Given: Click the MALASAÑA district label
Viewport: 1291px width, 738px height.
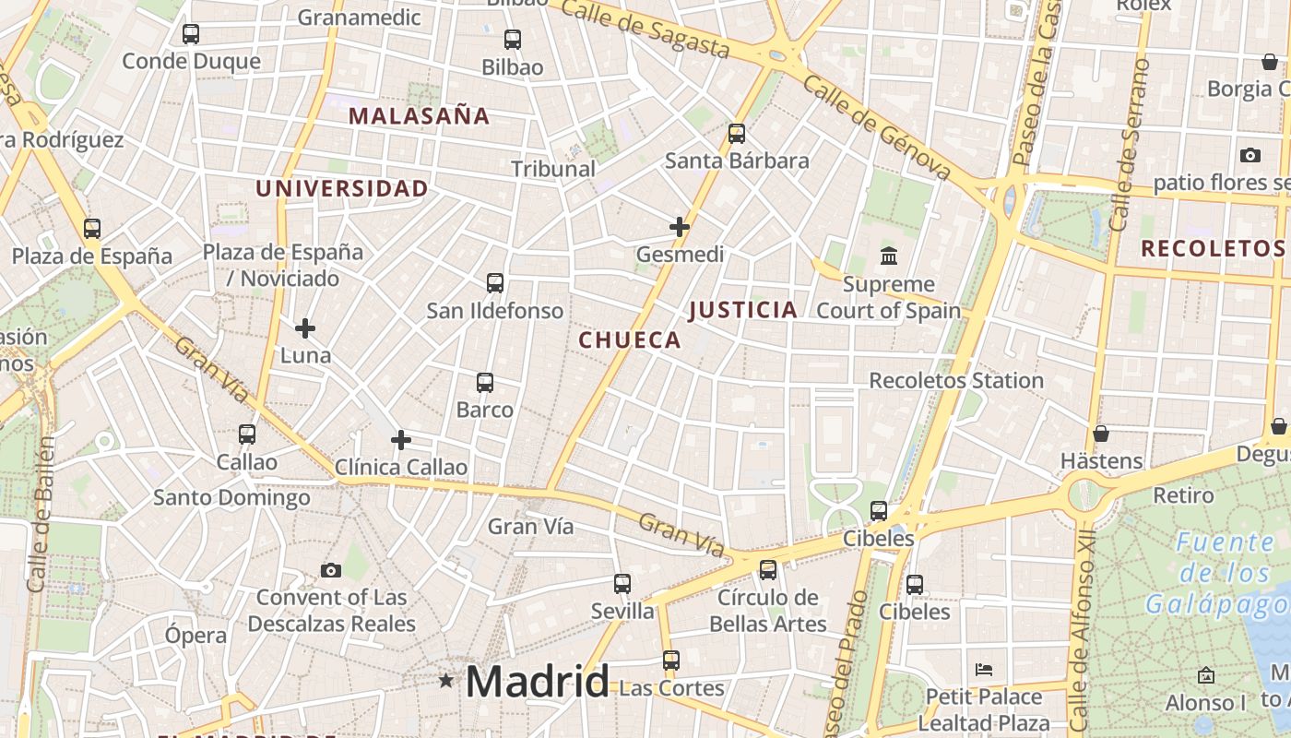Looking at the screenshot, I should (x=420, y=116).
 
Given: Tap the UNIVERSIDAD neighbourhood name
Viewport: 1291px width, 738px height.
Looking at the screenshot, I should (x=341, y=189).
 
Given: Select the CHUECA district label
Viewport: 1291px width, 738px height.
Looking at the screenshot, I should (x=630, y=340).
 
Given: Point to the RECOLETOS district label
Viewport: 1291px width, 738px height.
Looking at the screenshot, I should (x=1213, y=248).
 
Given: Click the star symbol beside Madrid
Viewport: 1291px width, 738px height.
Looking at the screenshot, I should (x=446, y=681).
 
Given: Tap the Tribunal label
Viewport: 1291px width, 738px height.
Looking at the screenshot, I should (x=553, y=169).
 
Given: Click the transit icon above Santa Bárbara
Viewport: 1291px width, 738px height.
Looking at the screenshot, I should (x=737, y=134).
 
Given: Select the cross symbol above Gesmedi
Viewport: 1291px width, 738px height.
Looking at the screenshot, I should (x=680, y=227).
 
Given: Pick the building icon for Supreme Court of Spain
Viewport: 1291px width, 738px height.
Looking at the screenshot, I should (x=889, y=256).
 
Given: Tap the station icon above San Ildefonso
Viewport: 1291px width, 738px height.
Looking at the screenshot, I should (x=495, y=283).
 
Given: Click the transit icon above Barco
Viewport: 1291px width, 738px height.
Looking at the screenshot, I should (x=485, y=383).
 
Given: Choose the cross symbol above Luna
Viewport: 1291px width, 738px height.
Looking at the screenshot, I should (x=305, y=327).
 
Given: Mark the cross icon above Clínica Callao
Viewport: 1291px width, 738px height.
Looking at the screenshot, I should (x=401, y=440).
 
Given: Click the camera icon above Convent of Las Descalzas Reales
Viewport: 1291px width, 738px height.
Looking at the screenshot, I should (x=331, y=570).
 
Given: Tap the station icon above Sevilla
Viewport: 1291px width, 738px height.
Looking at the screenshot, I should (x=622, y=584).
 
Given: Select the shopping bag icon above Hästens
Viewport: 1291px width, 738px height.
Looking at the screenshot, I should (x=1101, y=434).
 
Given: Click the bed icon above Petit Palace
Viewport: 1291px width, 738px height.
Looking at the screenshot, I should (x=984, y=669).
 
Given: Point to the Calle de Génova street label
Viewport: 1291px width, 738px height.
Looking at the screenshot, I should (x=876, y=128).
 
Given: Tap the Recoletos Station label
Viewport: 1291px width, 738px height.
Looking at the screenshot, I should (x=956, y=380).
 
